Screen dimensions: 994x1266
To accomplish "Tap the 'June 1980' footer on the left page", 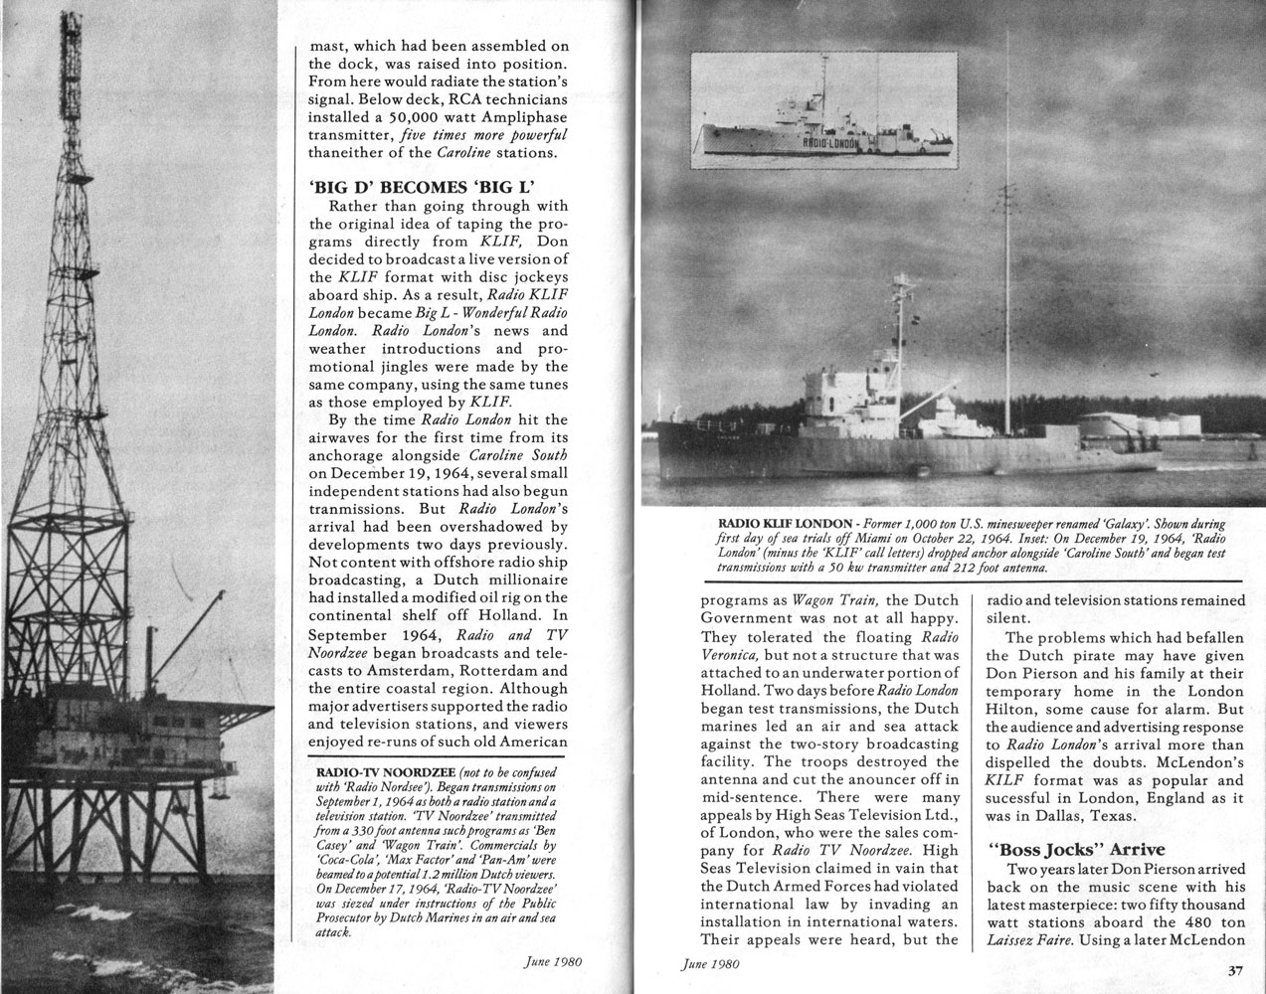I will (x=553, y=962).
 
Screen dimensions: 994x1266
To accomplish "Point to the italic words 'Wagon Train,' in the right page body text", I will (x=835, y=600).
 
